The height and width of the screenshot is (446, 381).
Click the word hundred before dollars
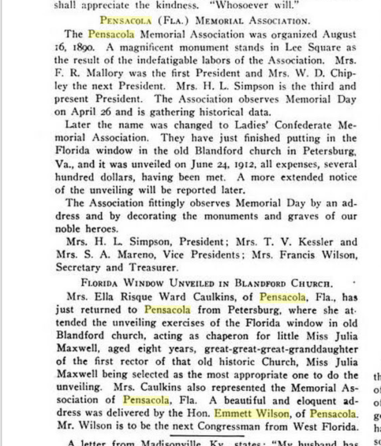78,177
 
